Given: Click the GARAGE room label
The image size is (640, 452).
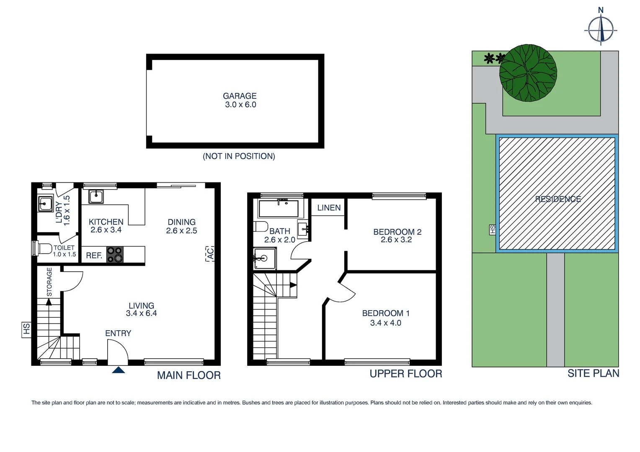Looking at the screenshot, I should (x=240, y=96).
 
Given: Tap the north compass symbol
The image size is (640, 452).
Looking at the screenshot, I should (x=601, y=28).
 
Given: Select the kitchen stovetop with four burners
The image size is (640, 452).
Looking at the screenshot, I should (x=115, y=254).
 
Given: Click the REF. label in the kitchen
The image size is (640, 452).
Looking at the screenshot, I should (x=94, y=255).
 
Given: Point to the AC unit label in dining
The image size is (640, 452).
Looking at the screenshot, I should (x=210, y=254).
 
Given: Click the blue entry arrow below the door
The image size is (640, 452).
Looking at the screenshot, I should (x=119, y=370).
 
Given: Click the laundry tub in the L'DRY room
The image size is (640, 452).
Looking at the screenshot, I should (x=45, y=204).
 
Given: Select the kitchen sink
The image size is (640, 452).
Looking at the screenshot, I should (x=96, y=196).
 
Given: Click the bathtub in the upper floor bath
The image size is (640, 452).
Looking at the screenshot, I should (x=279, y=208).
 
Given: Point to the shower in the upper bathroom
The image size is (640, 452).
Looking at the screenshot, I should (x=265, y=259).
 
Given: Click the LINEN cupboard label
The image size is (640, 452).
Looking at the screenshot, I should (x=329, y=208).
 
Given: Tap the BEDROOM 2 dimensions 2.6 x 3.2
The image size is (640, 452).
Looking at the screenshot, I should (x=396, y=240).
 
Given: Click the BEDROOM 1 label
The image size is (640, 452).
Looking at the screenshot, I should (x=386, y=313).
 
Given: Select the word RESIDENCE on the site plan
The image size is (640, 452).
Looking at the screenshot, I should (x=558, y=199).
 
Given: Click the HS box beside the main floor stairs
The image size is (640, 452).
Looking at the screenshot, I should (x=26, y=329).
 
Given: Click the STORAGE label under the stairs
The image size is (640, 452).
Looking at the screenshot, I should (x=49, y=282).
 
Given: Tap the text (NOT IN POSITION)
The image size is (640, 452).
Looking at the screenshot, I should (x=239, y=156).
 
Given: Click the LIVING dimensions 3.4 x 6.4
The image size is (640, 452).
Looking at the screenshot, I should (x=141, y=313).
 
